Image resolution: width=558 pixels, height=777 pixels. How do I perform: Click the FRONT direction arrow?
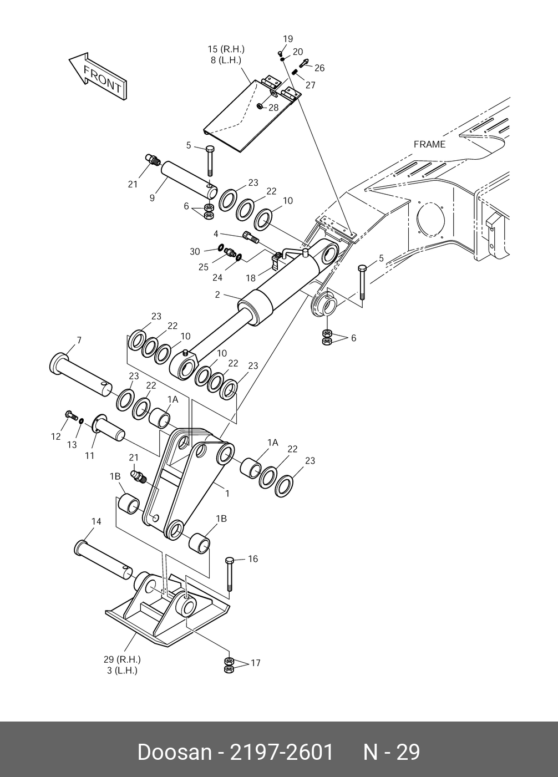click(98, 77)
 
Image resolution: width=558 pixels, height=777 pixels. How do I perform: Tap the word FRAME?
click(429, 144)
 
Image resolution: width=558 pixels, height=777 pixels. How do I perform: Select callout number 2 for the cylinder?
click(217, 295)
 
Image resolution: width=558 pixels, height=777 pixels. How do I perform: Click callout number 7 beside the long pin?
click(79, 340)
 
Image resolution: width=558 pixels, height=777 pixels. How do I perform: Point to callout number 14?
click(97, 521)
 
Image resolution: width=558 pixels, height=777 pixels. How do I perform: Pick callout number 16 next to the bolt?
click(253, 559)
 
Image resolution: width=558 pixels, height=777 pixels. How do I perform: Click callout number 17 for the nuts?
click(255, 663)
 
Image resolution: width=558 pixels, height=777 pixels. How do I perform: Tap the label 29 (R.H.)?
click(122, 659)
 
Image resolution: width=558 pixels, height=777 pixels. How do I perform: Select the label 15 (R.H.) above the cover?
click(226, 49)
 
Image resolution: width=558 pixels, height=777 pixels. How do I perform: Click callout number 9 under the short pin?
click(152, 197)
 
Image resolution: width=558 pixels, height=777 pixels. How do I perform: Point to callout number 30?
click(195, 252)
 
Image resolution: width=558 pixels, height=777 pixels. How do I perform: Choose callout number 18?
click(251, 277)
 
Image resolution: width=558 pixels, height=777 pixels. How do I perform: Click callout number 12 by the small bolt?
click(56, 436)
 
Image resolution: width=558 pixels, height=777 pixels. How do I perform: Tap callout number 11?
click(89, 455)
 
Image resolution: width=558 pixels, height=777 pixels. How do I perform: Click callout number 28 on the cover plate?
click(273, 108)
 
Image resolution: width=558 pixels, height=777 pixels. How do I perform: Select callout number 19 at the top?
click(288, 39)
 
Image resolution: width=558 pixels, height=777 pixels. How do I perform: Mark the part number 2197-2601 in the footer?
click(282, 752)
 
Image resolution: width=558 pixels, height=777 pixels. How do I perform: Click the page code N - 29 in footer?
click(392, 752)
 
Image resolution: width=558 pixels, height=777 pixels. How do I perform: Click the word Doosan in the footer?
click(174, 752)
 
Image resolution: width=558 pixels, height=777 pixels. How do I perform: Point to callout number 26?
click(319, 68)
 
